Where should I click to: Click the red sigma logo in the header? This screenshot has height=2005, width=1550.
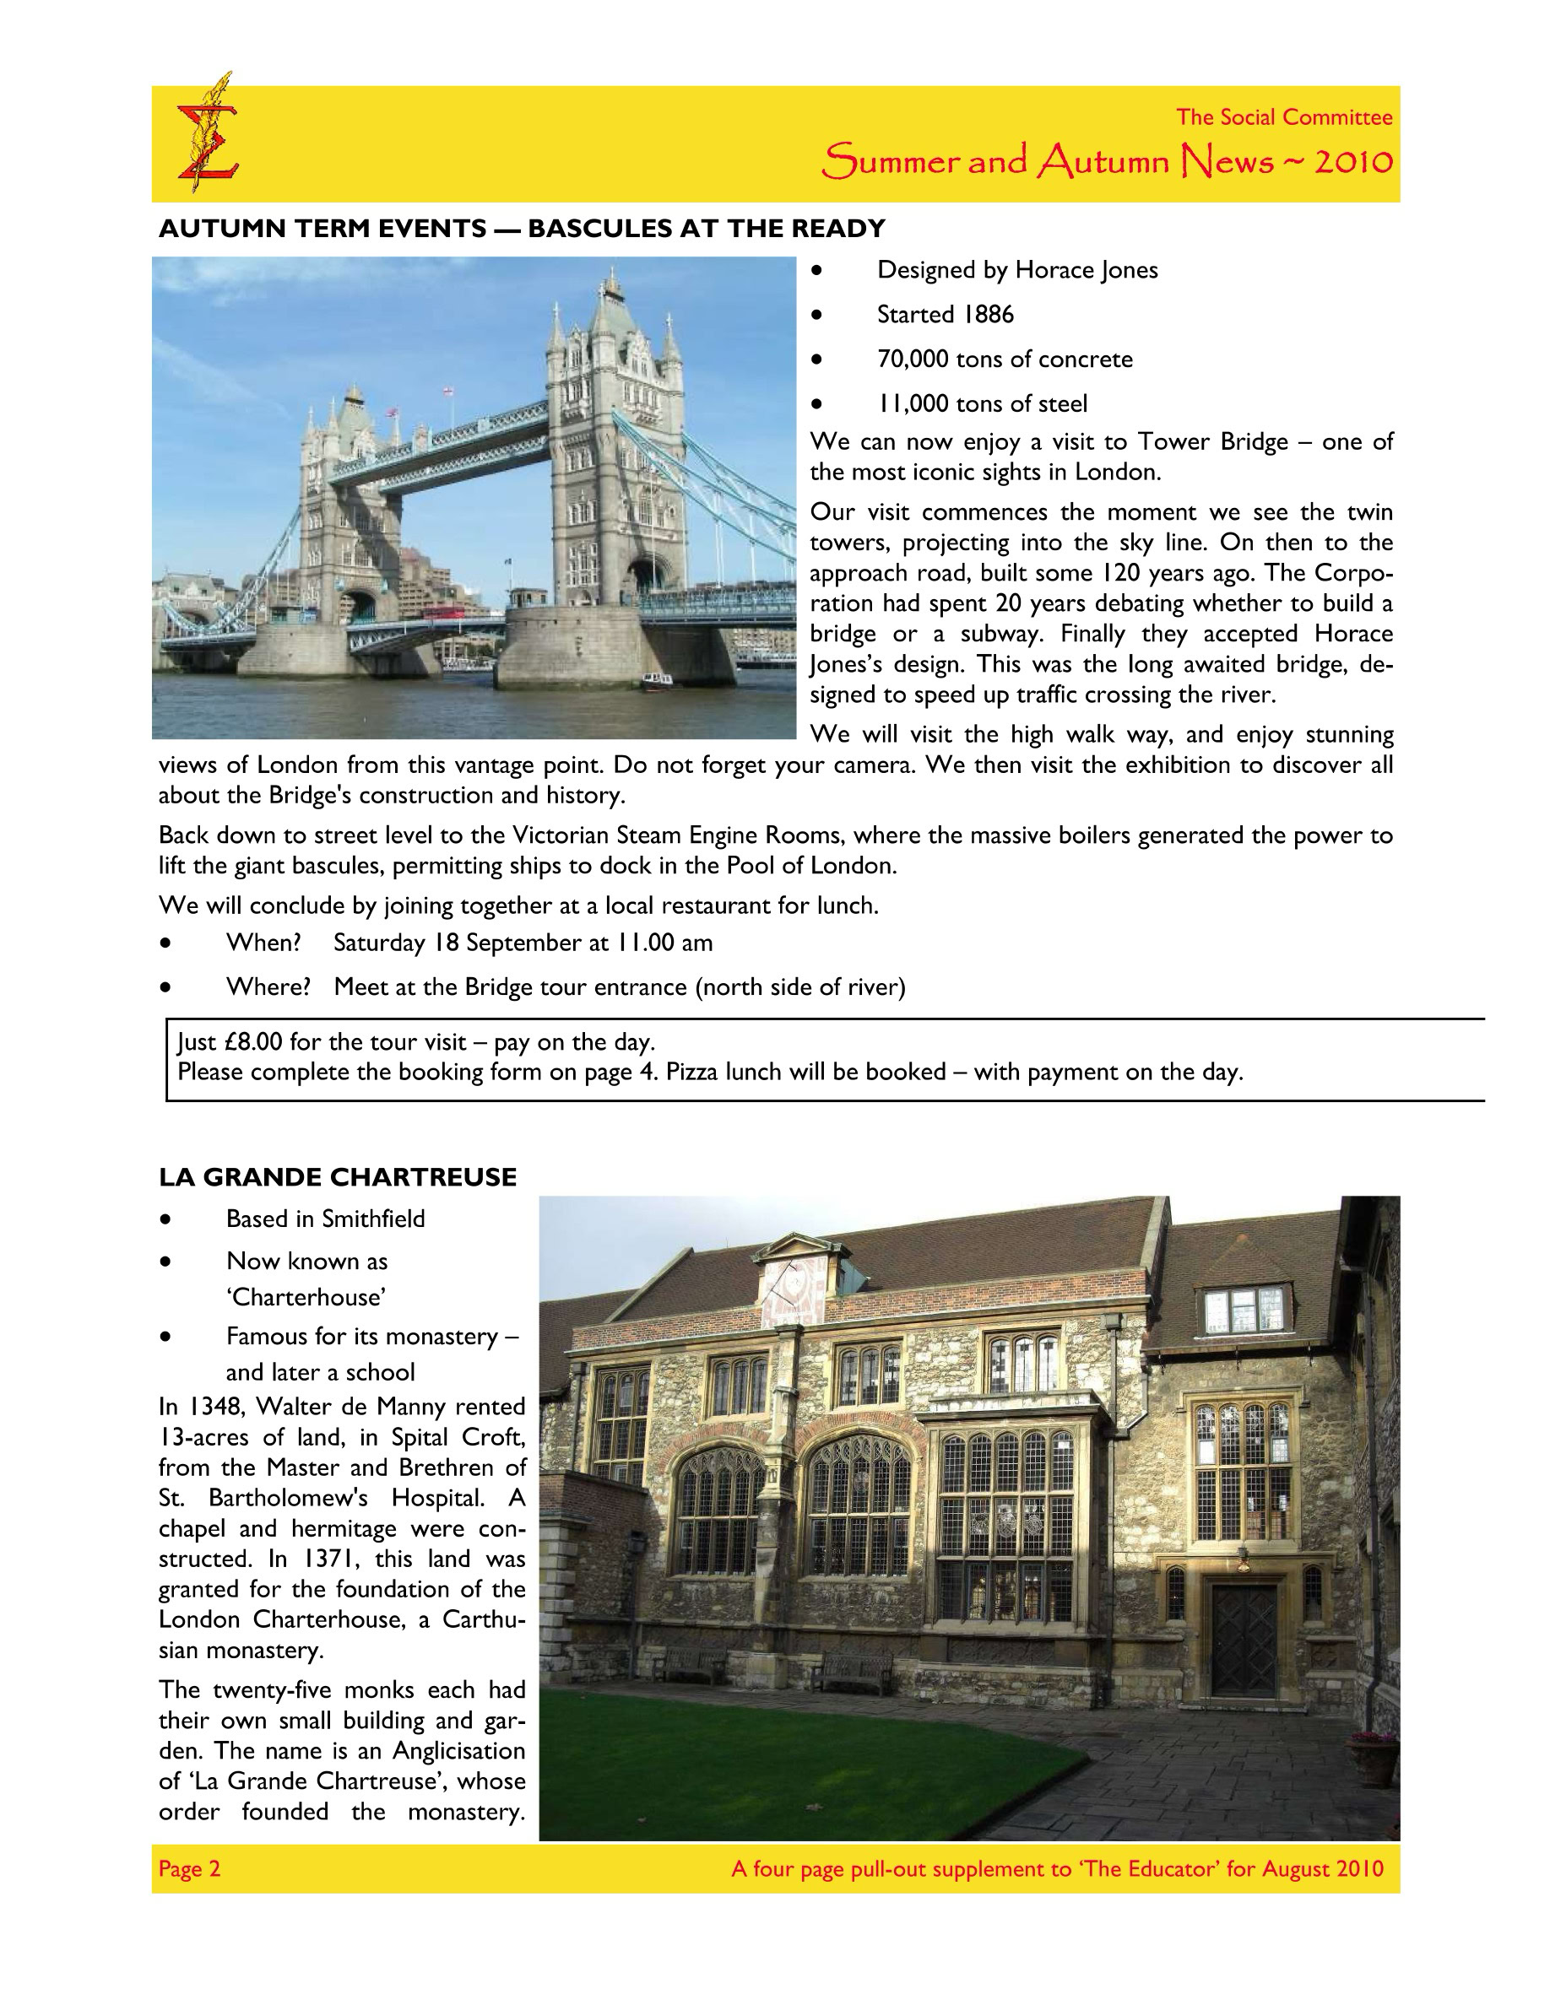click(x=207, y=138)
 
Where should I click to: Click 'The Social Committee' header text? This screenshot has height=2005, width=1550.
click(x=1284, y=117)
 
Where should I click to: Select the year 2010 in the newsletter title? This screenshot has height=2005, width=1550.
click(x=1353, y=163)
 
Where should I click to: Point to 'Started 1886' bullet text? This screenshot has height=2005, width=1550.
click(x=945, y=315)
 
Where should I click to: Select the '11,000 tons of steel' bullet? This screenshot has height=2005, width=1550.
click(x=982, y=404)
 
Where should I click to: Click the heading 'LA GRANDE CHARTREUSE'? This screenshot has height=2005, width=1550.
click(x=337, y=1177)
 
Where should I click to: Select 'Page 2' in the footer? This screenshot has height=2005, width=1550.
click(x=189, y=1869)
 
